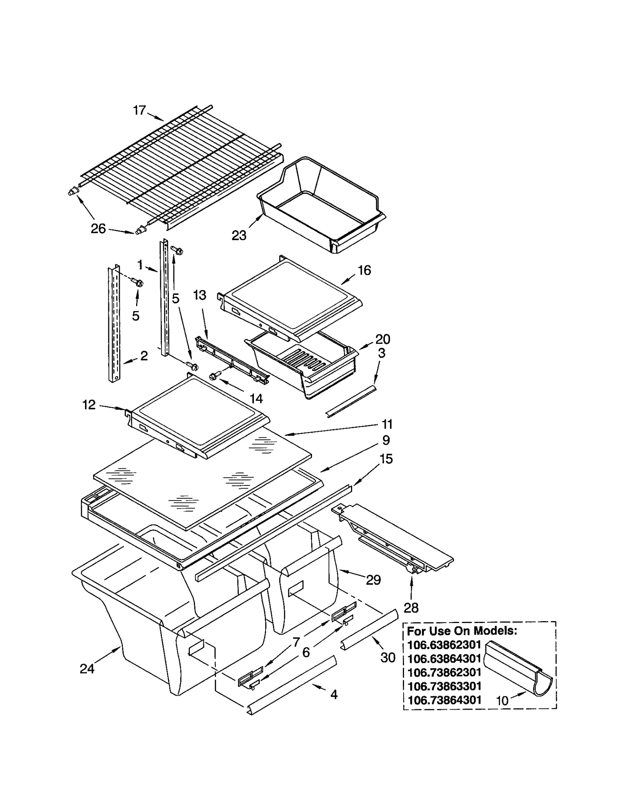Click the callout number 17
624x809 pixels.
(x=139, y=110)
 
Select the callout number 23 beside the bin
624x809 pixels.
(x=239, y=235)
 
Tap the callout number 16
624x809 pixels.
(x=364, y=270)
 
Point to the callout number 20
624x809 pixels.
(x=382, y=339)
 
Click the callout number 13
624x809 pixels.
(x=200, y=295)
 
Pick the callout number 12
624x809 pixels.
(x=89, y=405)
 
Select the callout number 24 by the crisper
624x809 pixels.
(x=87, y=669)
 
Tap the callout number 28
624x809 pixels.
(x=411, y=607)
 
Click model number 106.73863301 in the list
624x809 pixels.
(x=444, y=686)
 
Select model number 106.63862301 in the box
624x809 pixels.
(x=444, y=644)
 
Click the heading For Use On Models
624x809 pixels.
(x=462, y=630)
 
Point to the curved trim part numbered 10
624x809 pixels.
(x=519, y=670)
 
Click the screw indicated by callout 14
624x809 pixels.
(x=213, y=376)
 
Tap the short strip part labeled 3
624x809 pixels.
(x=351, y=401)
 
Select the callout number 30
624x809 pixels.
(x=388, y=658)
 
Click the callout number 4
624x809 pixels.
(x=334, y=694)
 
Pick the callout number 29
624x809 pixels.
(x=373, y=580)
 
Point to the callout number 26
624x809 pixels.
(x=98, y=228)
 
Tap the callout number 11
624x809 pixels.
(x=387, y=424)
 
